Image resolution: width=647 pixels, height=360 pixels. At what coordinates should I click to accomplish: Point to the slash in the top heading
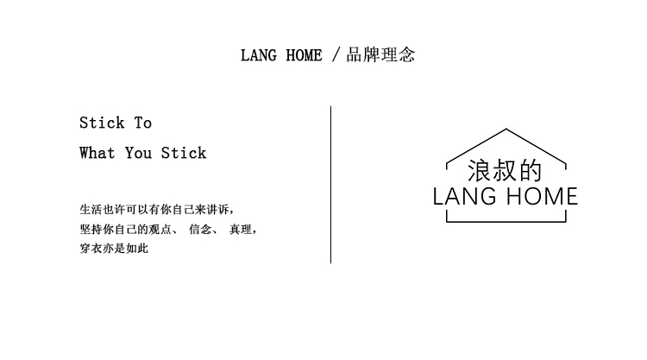click(x=336, y=56)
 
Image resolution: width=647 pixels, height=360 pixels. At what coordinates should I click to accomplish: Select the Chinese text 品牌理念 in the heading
click(x=380, y=56)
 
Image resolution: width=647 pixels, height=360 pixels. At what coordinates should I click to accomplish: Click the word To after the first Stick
click(x=142, y=123)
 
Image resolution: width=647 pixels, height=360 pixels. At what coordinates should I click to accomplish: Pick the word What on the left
click(x=97, y=153)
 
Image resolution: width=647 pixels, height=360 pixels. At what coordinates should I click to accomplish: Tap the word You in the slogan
click(x=138, y=153)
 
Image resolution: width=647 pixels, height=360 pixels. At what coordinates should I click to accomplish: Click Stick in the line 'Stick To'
click(x=103, y=123)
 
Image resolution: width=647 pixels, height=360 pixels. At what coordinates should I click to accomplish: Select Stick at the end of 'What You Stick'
click(x=184, y=153)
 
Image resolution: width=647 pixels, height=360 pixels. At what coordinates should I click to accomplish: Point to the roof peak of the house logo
click(x=506, y=130)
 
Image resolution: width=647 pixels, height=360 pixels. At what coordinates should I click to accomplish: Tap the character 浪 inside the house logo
click(x=480, y=169)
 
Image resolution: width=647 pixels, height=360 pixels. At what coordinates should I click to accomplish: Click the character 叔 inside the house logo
click(x=506, y=169)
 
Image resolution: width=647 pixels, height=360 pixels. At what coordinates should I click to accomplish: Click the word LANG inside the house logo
click(x=465, y=197)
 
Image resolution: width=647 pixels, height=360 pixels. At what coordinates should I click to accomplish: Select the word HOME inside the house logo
click(x=541, y=197)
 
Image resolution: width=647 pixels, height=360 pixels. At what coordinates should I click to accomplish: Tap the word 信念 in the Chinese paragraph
click(x=199, y=230)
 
